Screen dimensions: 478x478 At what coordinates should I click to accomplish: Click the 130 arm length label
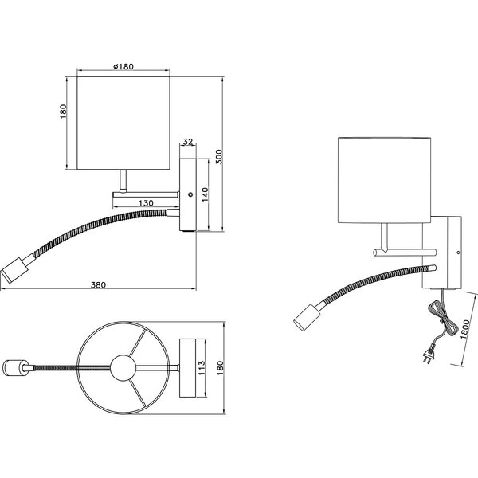144,203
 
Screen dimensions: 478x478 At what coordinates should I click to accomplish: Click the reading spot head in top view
14,368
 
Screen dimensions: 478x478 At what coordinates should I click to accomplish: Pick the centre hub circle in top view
122,367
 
